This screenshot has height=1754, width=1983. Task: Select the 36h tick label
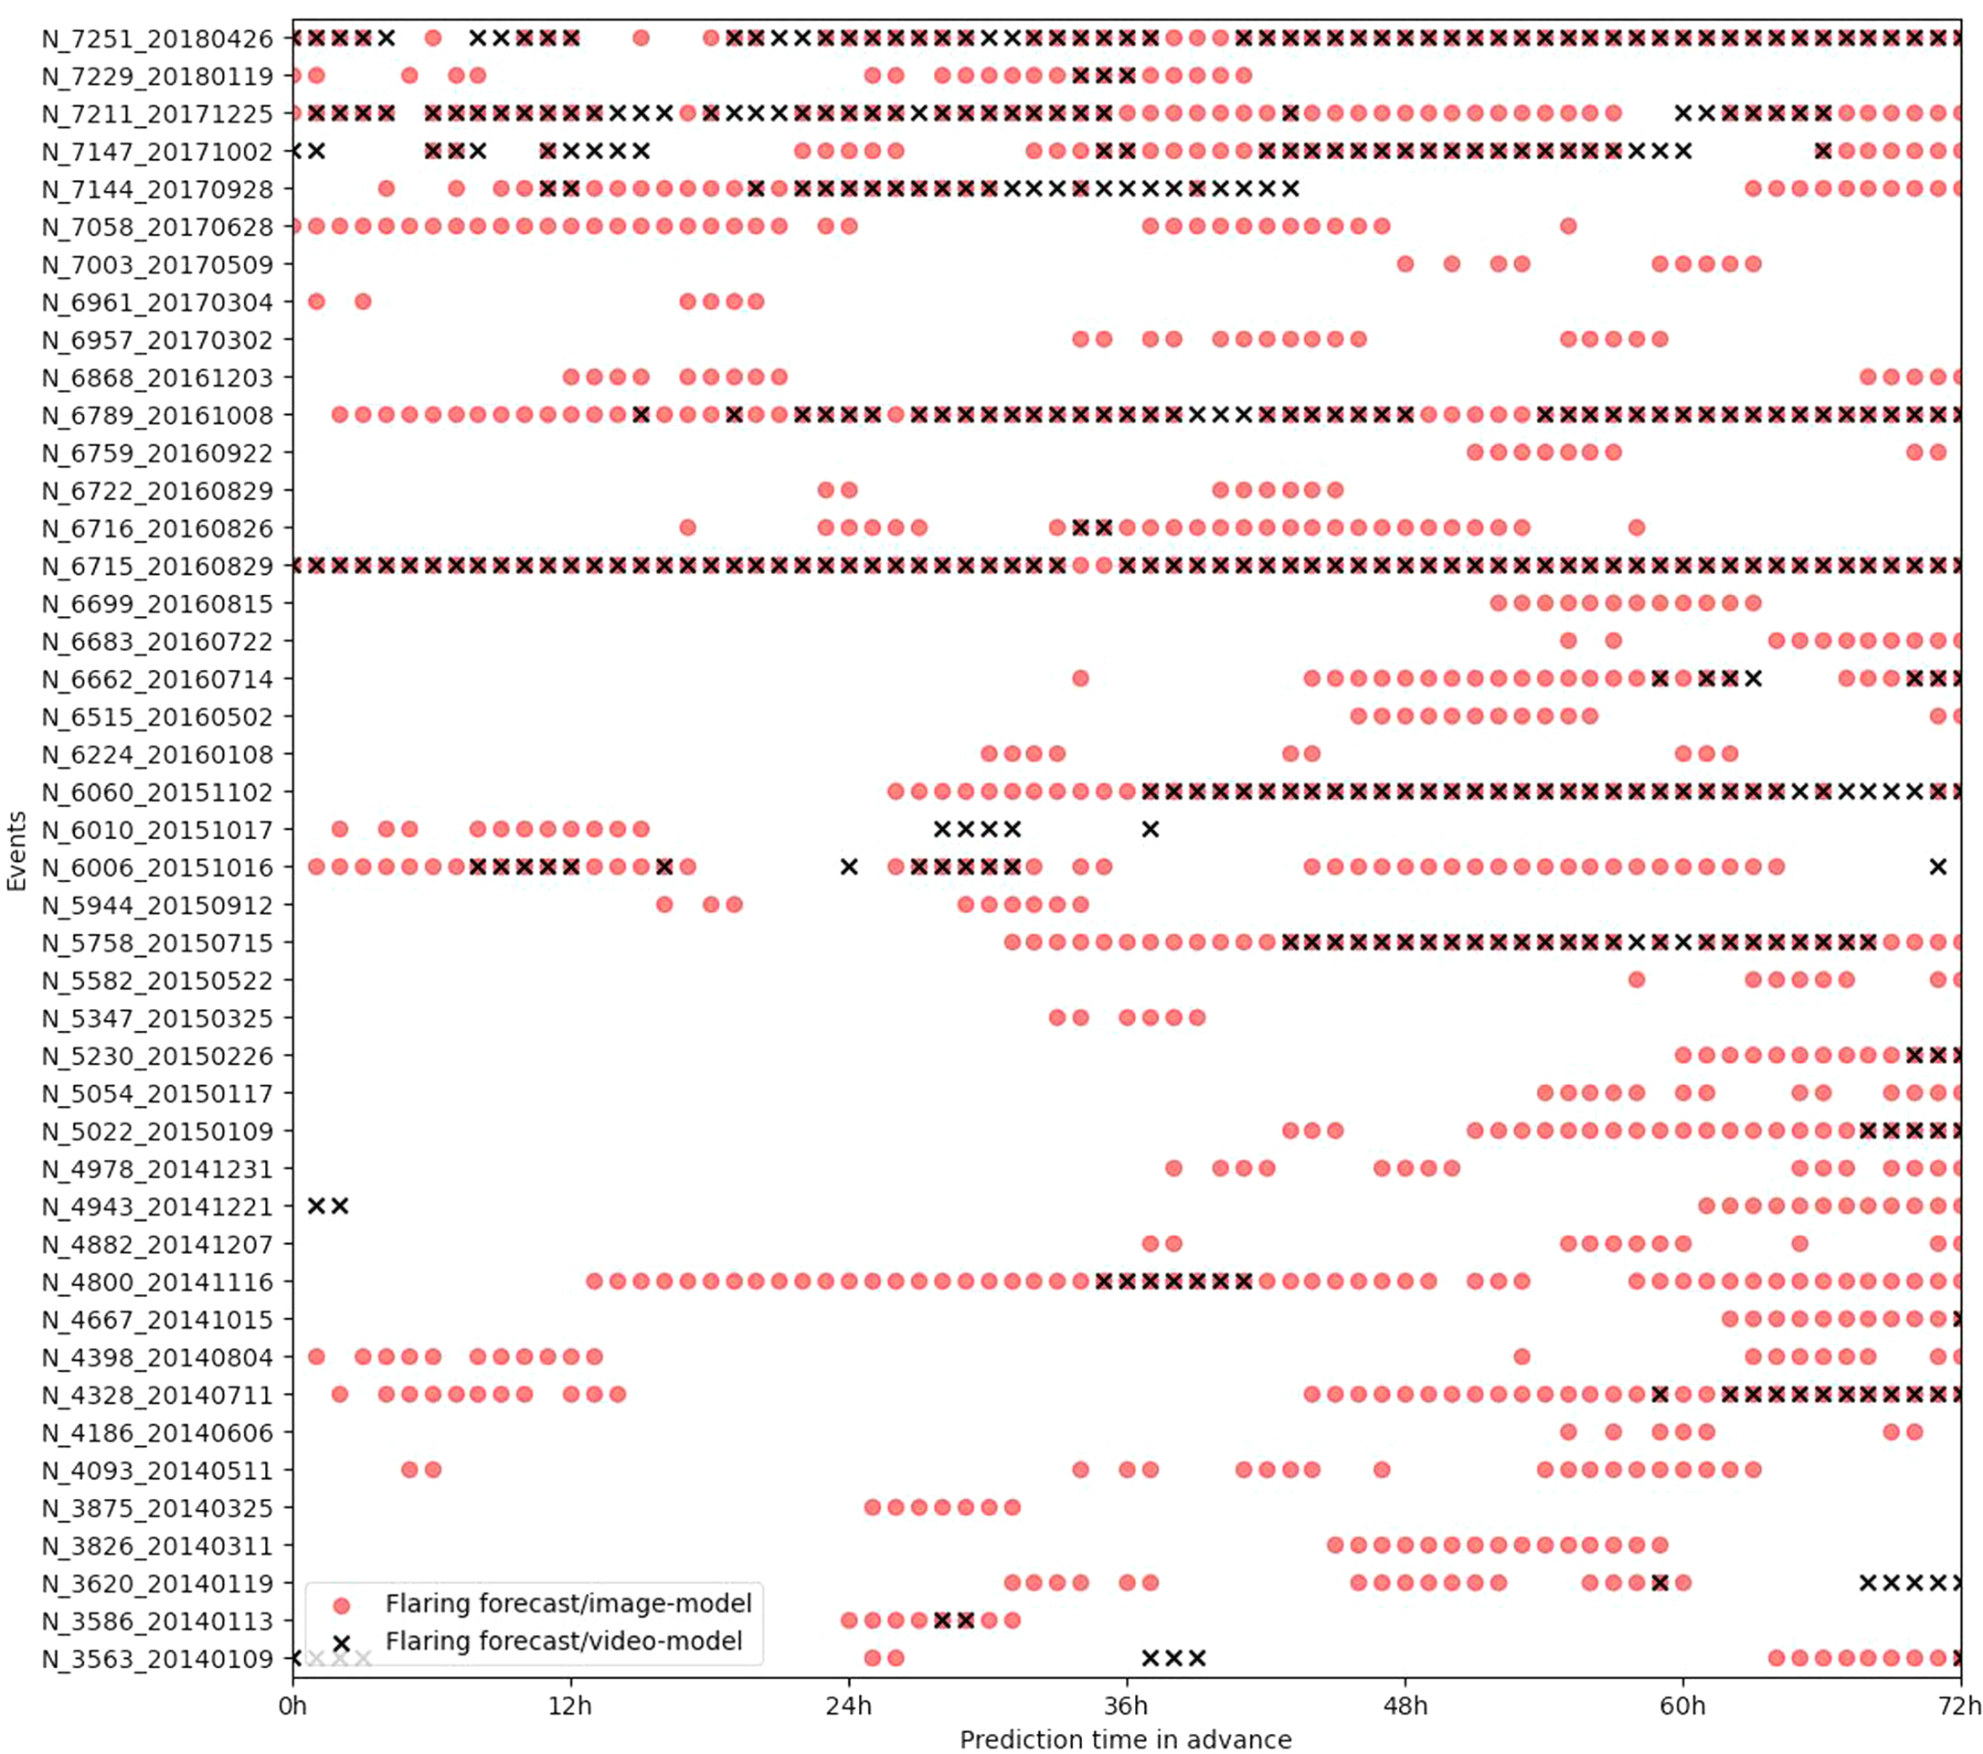point(1127,1705)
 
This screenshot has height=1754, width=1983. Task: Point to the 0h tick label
point(293,1705)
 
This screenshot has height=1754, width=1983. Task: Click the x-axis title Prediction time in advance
point(1126,1738)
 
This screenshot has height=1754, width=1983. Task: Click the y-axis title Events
point(16,851)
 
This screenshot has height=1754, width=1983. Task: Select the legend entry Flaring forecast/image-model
point(568,1602)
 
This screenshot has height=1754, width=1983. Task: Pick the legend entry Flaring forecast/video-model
point(564,1641)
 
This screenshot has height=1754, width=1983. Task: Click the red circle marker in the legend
point(341,1606)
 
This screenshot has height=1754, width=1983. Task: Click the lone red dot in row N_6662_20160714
point(1081,678)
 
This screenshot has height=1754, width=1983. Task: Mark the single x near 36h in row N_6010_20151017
point(1151,829)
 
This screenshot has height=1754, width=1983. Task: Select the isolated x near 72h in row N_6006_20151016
point(1937,866)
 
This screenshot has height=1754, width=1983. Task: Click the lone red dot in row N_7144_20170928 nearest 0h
point(387,188)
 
